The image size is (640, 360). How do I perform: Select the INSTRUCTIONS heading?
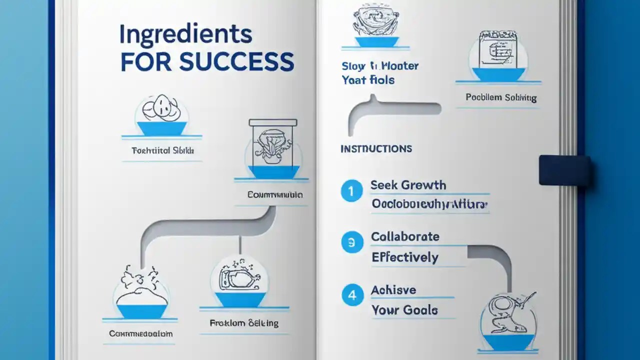click(x=376, y=149)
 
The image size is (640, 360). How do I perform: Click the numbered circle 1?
click(x=351, y=191)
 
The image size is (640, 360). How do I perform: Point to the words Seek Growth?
click(x=408, y=185)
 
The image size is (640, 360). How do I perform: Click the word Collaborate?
click(x=405, y=236)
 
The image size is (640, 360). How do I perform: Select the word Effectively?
click(x=405, y=257)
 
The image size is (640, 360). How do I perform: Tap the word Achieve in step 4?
click(x=393, y=290)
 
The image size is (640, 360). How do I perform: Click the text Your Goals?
click(x=404, y=310)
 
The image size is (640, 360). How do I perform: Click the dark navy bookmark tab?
click(x=564, y=170)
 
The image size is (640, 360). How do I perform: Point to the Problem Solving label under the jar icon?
click(x=501, y=98)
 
